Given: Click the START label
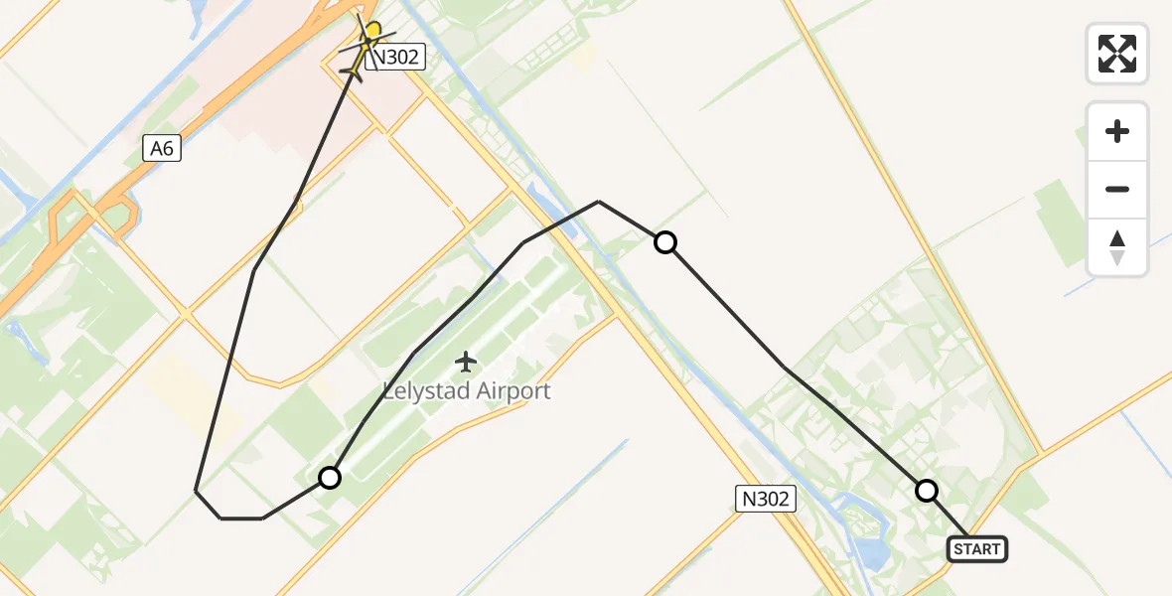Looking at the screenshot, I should tap(977, 549).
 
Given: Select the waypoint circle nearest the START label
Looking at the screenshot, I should tap(927, 491).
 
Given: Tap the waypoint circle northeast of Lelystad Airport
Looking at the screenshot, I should tap(665, 241).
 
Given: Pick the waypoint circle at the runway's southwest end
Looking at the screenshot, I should tap(330, 478).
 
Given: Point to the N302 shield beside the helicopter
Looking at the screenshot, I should tap(396, 58).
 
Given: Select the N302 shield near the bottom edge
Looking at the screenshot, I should tap(766, 499).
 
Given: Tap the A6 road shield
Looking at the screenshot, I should tap(162, 149).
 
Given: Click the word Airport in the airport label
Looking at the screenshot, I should tap(513, 390).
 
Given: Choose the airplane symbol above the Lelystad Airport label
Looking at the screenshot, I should tap(466, 363).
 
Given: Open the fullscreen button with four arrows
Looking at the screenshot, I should tap(1117, 54).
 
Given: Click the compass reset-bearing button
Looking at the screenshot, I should tap(1117, 247).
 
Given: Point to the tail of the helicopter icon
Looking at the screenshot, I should tap(352, 73).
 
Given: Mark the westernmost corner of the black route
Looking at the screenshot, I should tap(196, 490).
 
